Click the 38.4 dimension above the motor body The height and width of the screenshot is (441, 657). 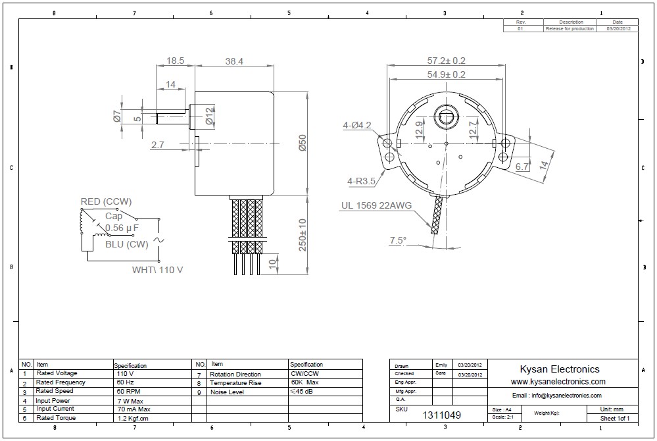(x=234, y=61)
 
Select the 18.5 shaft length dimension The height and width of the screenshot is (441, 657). (x=175, y=61)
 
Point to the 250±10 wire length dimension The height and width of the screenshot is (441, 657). (x=303, y=235)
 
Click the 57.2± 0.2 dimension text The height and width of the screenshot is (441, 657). (x=447, y=61)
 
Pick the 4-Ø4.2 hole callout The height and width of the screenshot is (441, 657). (x=357, y=125)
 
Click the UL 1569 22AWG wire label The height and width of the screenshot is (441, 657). (x=376, y=205)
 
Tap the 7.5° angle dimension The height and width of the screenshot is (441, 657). (x=397, y=240)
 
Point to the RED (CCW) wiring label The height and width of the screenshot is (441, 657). (x=107, y=201)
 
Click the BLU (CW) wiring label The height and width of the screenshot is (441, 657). (x=126, y=244)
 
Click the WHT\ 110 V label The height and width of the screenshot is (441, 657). (x=158, y=270)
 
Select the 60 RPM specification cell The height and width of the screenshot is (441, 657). (x=128, y=391)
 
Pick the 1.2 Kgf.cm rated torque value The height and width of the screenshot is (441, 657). (x=133, y=418)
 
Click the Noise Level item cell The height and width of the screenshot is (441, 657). (x=227, y=392)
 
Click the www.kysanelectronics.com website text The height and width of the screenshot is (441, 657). (x=558, y=382)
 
